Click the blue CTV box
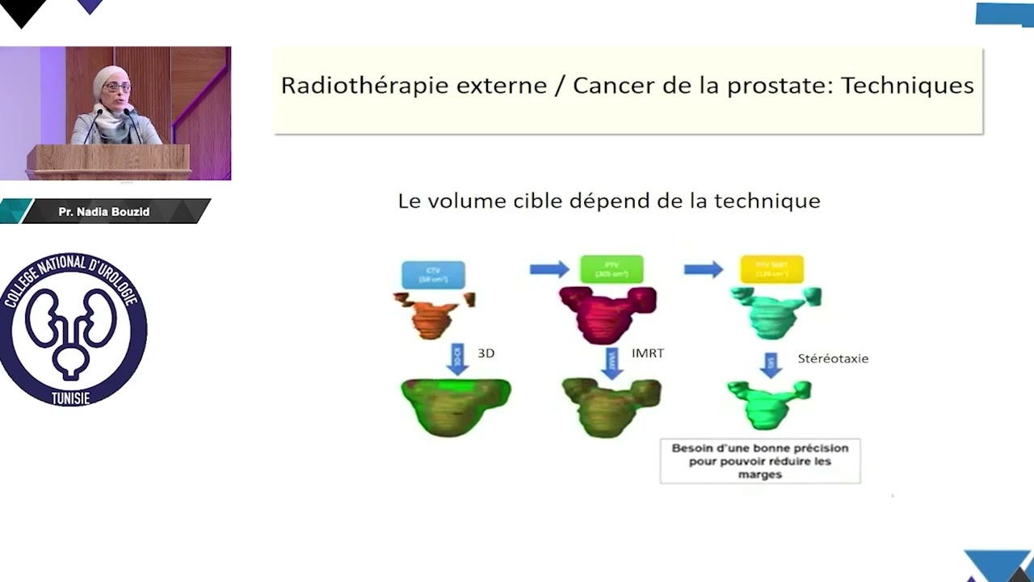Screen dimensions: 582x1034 (x=433, y=274)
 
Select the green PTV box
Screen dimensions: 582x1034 (x=612, y=269)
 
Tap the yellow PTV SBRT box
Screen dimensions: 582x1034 (x=771, y=269)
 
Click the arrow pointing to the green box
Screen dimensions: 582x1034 (x=549, y=269)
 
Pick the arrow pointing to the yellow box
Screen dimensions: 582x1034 (x=704, y=269)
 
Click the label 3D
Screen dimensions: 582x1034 (x=485, y=353)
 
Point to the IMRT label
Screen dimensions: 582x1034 (x=648, y=353)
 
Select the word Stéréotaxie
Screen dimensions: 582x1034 (x=833, y=358)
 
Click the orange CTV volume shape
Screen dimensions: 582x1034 (x=434, y=315)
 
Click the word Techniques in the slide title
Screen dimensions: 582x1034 (x=907, y=86)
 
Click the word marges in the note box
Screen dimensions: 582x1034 (x=759, y=474)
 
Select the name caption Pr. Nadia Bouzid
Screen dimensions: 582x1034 (x=104, y=212)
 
